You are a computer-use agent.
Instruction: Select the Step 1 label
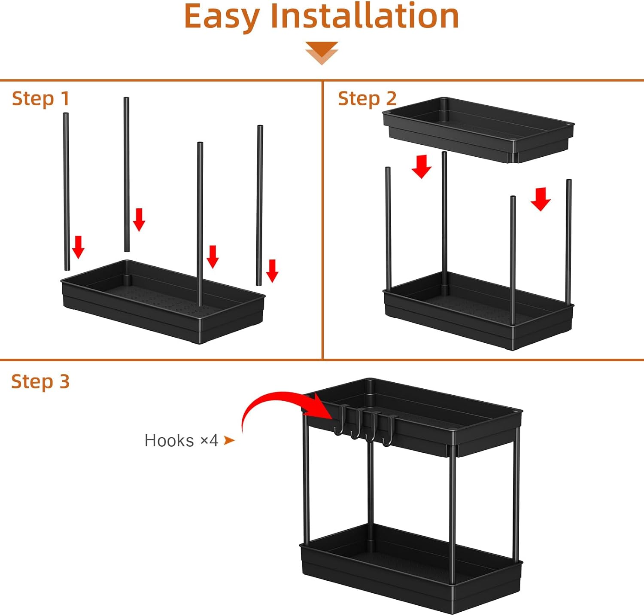40,99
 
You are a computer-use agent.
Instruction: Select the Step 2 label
367,99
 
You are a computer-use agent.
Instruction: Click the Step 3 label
40,381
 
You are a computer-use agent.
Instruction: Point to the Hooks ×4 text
181,441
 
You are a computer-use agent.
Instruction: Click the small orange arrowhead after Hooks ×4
229,440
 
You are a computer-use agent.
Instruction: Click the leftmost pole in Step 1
67,191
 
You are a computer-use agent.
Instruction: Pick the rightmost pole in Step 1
259,205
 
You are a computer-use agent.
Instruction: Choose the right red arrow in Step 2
541,199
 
